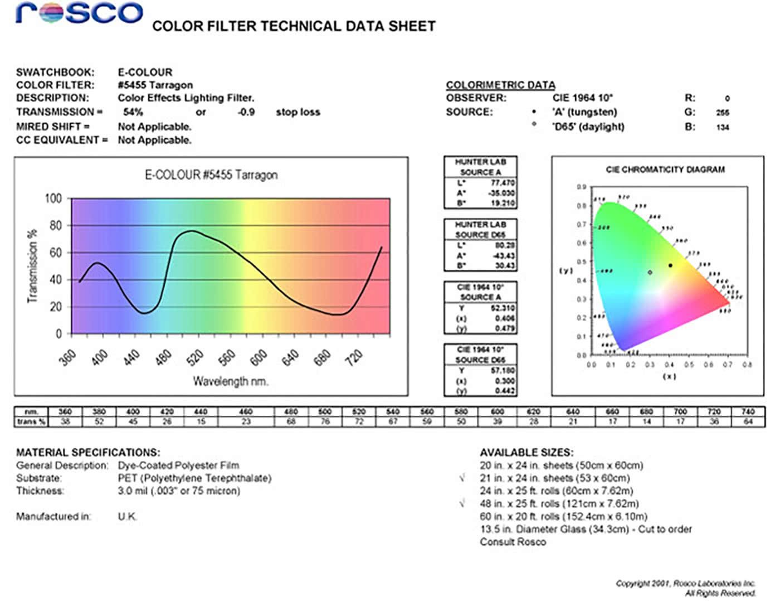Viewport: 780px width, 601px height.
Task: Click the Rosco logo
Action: pyautogui.click(x=80, y=13)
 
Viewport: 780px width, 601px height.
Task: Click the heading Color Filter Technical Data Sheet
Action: pyautogui.click(x=294, y=26)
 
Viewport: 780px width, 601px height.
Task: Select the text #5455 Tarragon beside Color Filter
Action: pyautogui.click(x=155, y=85)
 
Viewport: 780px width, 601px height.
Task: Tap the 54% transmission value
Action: pyautogui.click(x=133, y=112)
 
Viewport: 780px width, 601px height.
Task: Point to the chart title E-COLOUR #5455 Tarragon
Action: pyautogui.click(x=211, y=175)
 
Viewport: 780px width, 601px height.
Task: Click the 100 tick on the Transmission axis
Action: pyautogui.click(x=53, y=198)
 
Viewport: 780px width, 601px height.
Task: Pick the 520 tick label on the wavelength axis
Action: pyautogui.click(x=195, y=357)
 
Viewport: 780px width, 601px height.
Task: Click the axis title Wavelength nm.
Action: pyautogui.click(x=230, y=381)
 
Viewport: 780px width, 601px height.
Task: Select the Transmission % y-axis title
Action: pyautogui.click(x=33, y=266)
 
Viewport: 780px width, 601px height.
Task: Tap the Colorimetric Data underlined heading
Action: pyautogui.click(x=500, y=85)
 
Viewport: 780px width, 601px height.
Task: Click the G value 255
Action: pyautogui.click(x=723, y=113)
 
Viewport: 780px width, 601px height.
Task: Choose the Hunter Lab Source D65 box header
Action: pyautogui.click(x=480, y=229)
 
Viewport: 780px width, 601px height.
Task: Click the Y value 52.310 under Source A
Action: pyautogui.click(x=503, y=308)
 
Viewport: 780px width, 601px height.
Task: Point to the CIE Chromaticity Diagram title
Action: pyautogui.click(x=665, y=169)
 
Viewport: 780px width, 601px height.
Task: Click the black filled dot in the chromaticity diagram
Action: pyautogui.click(x=670, y=265)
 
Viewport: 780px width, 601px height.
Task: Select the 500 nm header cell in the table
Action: pyautogui.click(x=325, y=411)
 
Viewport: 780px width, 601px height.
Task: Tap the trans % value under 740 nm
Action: pyautogui.click(x=748, y=421)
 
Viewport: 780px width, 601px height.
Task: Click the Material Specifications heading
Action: pyautogui.click(x=88, y=452)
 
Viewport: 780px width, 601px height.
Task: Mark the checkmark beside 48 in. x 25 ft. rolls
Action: pyautogui.click(x=462, y=503)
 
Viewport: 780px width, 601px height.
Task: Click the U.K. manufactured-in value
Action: pyautogui.click(x=127, y=516)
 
